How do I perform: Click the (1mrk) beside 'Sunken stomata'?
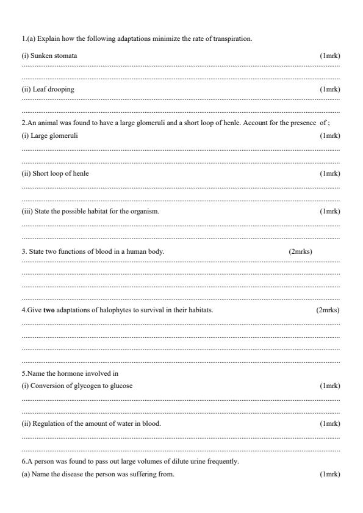coord(329,56)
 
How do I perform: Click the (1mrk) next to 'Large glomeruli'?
coord(329,135)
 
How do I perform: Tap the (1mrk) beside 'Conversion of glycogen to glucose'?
coord(329,386)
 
